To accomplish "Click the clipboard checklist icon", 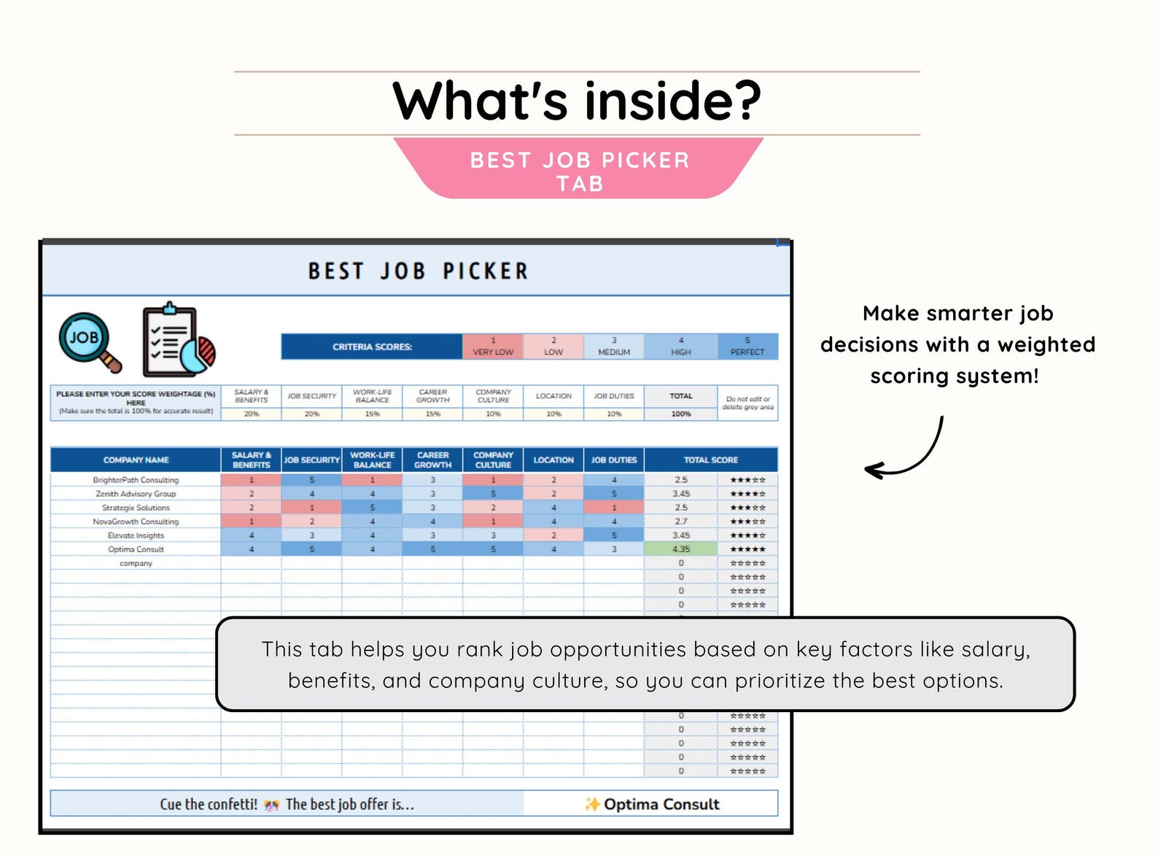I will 178,340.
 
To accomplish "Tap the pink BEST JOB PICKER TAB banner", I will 579,169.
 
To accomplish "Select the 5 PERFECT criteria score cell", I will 747,347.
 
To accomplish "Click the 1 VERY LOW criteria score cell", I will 493,347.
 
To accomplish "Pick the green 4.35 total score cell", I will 681,549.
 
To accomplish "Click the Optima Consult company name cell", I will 136,549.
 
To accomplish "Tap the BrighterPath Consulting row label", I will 136,480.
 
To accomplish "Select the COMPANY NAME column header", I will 136,460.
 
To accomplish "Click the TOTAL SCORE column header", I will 710,460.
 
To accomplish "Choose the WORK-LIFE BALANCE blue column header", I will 372,460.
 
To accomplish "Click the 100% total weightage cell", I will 681,414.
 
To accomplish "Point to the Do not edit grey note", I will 747,403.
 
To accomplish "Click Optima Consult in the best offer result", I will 661,804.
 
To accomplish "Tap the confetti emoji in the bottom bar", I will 272,805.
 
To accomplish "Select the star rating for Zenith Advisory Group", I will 747,494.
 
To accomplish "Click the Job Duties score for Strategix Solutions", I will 614,508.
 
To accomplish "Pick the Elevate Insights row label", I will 136,536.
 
